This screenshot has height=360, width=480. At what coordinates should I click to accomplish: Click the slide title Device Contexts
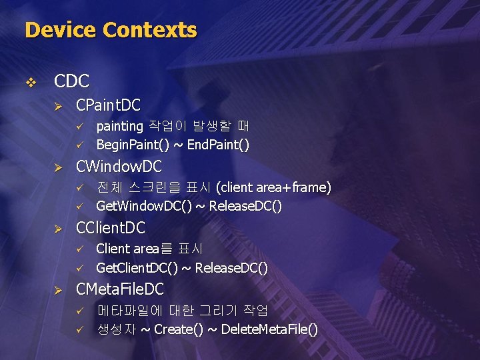point(111,30)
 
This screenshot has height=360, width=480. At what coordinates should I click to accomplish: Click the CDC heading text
point(71,81)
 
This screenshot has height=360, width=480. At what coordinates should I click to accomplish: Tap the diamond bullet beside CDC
point(29,82)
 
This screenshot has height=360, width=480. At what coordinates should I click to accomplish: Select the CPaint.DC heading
point(109,105)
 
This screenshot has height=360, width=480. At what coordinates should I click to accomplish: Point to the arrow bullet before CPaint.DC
point(58,105)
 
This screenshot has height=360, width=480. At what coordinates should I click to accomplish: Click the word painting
point(120,126)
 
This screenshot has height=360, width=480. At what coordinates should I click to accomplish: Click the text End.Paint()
point(215,145)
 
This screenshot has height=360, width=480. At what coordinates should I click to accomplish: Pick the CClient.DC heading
point(111,227)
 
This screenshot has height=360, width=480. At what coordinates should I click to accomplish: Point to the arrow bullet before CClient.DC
point(58,228)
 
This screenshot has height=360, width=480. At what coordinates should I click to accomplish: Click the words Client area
point(127,249)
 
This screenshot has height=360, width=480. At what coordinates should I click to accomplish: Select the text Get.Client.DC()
point(136,267)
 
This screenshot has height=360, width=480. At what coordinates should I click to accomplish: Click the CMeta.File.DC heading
point(120,289)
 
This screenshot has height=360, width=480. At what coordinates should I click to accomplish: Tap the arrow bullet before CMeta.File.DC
point(58,289)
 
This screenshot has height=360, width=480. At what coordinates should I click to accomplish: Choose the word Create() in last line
point(179,329)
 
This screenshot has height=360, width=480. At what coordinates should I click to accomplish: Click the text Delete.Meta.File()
point(269,329)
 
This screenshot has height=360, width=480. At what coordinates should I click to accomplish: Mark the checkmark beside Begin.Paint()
point(79,145)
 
